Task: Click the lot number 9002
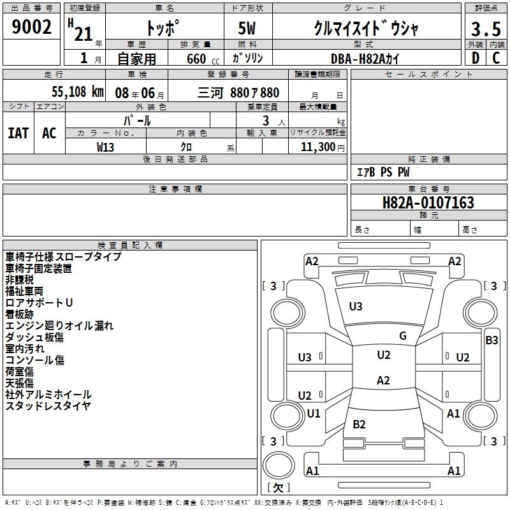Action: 32,27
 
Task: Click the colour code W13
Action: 106,147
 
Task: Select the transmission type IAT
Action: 18,133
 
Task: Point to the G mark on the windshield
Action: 402,336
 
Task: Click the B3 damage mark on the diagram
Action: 492,340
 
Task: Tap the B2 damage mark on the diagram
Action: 359,424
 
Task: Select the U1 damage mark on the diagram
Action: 314,413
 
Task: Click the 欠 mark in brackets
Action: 278,488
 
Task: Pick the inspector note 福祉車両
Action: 24,291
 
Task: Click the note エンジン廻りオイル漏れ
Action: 59,325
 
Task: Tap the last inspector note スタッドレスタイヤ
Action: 48,405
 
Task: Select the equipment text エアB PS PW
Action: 382,171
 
